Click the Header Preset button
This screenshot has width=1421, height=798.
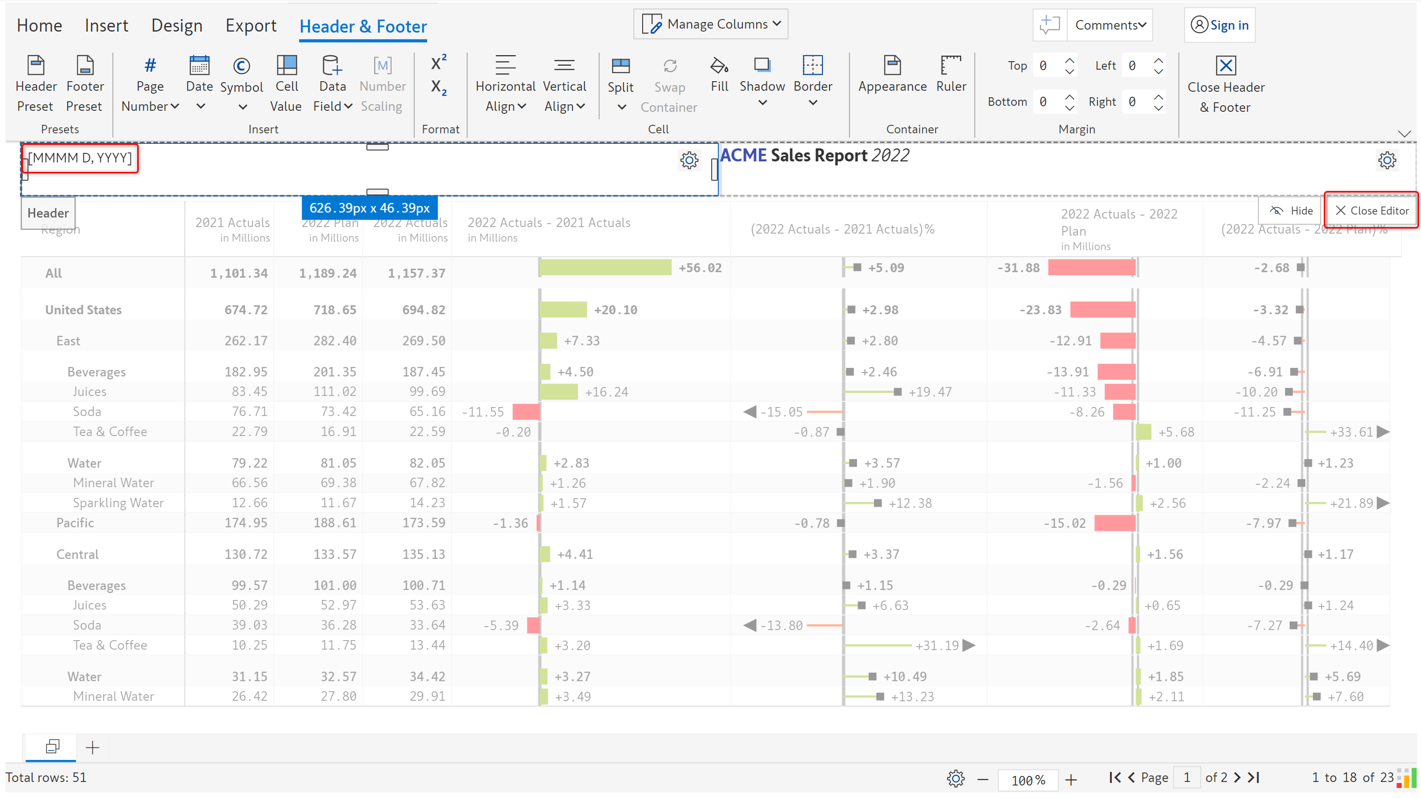(x=36, y=83)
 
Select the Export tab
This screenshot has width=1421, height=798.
(x=250, y=26)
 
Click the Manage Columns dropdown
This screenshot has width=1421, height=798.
(x=710, y=24)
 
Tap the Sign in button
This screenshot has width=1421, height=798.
(x=1220, y=26)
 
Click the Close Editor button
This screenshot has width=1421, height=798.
(x=1372, y=210)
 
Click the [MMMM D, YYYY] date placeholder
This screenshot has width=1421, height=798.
(x=80, y=158)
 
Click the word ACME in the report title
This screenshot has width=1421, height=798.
(x=743, y=155)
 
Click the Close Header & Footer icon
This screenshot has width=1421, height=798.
(x=1225, y=66)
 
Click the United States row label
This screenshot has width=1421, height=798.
(x=83, y=310)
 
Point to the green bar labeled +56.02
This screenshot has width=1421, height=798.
(x=605, y=268)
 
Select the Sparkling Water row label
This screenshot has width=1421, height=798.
(x=118, y=503)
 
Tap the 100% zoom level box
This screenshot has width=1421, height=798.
(x=1028, y=779)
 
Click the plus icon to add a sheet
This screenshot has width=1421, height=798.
(x=93, y=747)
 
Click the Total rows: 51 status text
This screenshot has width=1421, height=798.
(x=47, y=777)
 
